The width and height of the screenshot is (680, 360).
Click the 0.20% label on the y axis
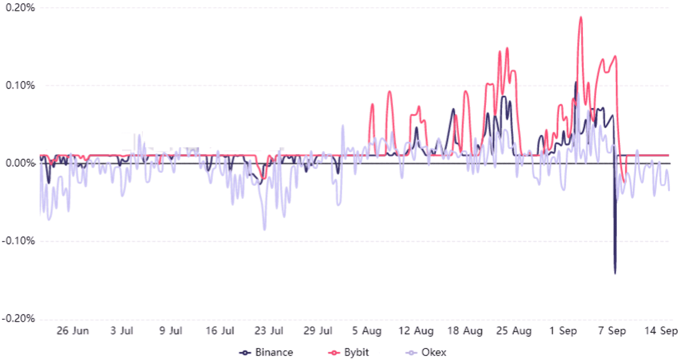pyautogui.click(x=20, y=8)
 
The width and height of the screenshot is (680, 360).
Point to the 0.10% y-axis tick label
pyautogui.click(x=20, y=85)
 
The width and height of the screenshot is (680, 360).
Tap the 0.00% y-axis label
pyautogui.click(x=20, y=163)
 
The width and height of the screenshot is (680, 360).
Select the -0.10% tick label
pyautogui.click(x=18, y=241)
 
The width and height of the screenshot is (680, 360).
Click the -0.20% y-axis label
pyautogui.click(x=18, y=319)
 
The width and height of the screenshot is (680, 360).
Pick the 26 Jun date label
pyautogui.click(x=73, y=331)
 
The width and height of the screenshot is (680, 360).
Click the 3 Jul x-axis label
pyautogui.click(x=122, y=331)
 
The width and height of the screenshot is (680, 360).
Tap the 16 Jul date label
pyautogui.click(x=220, y=331)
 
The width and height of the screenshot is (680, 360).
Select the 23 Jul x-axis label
pyautogui.click(x=268, y=331)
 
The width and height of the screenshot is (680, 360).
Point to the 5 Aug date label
pyautogui.click(x=367, y=331)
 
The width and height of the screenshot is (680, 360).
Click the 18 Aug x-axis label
pyautogui.click(x=465, y=331)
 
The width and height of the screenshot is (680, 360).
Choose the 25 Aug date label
pyautogui.click(x=514, y=331)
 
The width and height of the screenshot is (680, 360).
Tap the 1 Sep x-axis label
pyautogui.click(x=563, y=331)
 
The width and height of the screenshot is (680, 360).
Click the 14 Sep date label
pyautogui.click(x=661, y=331)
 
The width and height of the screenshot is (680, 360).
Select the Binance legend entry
pyautogui.click(x=267, y=353)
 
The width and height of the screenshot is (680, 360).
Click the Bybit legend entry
pyautogui.click(x=349, y=353)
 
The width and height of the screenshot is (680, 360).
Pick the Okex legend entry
pyautogui.click(x=426, y=353)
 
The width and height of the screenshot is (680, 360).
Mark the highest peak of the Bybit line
pyautogui.click(x=581, y=17)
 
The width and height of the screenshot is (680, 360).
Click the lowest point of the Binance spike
pyautogui.click(x=615, y=273)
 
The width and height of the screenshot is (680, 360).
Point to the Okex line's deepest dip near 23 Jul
pyautogui.click(x=265, y=229)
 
